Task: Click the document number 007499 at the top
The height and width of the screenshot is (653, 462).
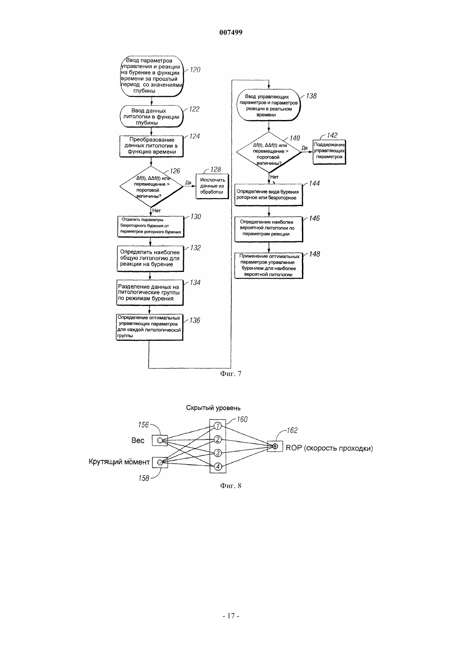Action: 231,32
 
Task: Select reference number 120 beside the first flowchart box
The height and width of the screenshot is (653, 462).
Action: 195,69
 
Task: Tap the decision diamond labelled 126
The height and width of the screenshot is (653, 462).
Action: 151,187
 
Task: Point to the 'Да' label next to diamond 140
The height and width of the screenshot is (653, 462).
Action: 304,148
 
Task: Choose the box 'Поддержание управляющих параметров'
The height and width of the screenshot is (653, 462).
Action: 329,151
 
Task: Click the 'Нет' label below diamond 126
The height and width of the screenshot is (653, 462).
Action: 156,211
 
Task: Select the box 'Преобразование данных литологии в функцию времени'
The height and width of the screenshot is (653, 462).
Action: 151,146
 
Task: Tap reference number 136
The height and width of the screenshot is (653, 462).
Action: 194,320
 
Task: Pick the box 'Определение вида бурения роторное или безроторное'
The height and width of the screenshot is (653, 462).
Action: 269,195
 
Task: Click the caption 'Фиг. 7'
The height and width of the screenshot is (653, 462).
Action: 231,374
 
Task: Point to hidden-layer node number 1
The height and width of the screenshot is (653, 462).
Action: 218,426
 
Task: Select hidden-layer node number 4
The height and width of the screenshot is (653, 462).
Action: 218,466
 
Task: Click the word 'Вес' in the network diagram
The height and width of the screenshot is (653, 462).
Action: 138,440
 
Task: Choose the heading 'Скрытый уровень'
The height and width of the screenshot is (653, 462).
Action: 213,408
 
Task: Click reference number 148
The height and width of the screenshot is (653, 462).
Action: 315,254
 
